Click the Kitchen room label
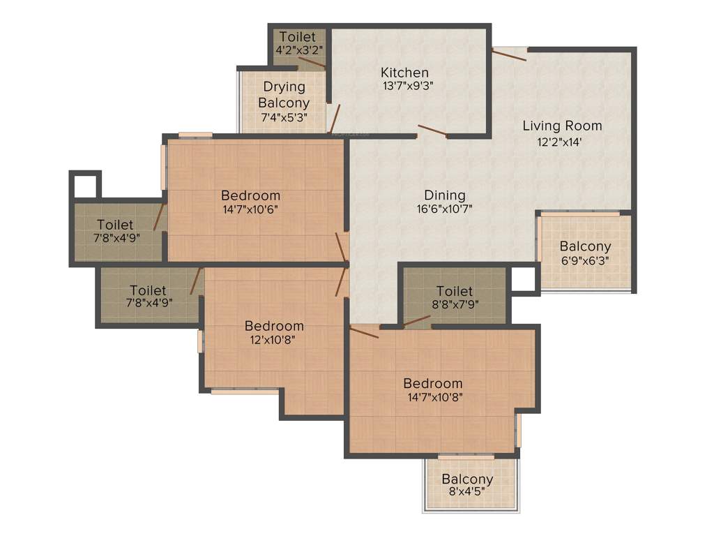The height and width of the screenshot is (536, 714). pos(404,73)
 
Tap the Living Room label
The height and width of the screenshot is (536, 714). pos(562,126)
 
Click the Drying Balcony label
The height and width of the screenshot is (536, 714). pos(284,95)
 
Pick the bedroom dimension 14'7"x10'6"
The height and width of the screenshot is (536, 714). pos(251,209)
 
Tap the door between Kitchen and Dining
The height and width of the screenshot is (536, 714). pos(432,131)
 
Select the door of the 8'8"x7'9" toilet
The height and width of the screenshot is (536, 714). pos(416,322)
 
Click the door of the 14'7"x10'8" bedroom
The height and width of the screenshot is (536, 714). pos(363,332)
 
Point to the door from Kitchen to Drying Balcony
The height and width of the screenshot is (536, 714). pos(334,118)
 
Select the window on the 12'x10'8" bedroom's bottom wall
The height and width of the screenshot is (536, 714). pos(244,392)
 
